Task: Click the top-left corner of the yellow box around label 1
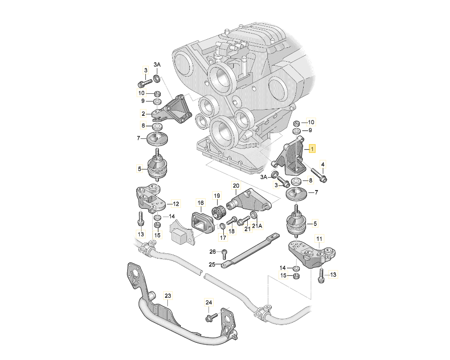click(309, 145)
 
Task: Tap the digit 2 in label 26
click(211, 252)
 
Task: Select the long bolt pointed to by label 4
click(319, 175)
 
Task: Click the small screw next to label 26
click(224, 254)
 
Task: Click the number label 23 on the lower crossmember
click(167, 295)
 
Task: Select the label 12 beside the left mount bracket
click(176, 204)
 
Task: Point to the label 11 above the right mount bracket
click(319, 238)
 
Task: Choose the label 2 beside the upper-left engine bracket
click(143, 113)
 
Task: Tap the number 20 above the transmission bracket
click(236, 186)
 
